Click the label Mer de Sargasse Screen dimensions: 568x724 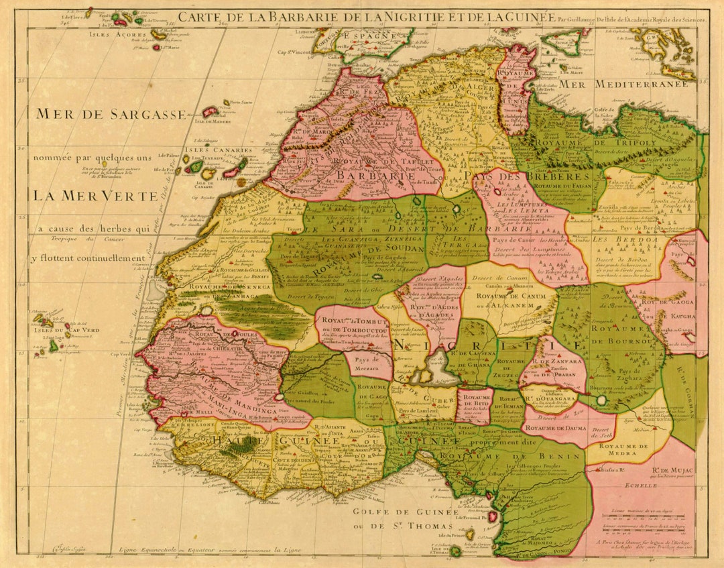111,114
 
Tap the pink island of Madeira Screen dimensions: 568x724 210,112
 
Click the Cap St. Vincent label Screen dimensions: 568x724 292,53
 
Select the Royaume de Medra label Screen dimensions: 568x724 622,451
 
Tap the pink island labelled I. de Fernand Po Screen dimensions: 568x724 493,516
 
